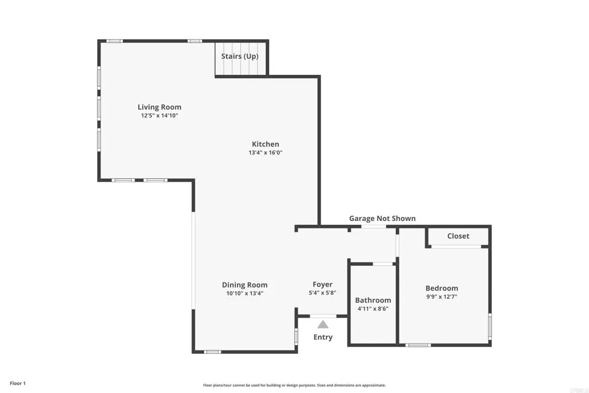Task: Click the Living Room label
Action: click(159, 107)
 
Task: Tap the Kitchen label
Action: click(265, 144)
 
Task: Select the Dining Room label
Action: click(244, 285)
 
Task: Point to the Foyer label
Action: click(322, 284)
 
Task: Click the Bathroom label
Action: click(373, 300)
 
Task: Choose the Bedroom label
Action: click(442, 288)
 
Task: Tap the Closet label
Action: click(458, 236)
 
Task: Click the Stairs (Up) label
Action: click(240, 56)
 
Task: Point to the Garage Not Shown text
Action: click(382, 219)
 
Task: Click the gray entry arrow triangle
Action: click(323, 325)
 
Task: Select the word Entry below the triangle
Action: click(323, 337)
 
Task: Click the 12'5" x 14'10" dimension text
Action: click(159, 116)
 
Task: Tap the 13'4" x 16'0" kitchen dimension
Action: click(265, 153)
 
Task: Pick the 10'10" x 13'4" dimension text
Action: click(244, 293)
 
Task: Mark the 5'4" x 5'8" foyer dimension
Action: click(322, 293)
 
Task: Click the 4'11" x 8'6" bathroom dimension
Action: click(373, 308)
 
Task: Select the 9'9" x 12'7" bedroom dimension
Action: click(442, 297)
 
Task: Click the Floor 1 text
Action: click(18, 383)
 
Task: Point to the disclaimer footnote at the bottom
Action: click(294, 386)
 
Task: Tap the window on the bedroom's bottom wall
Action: click(418, 345)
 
